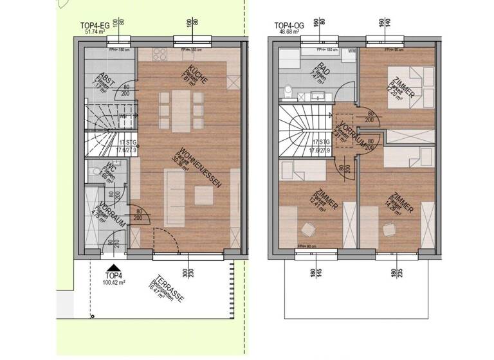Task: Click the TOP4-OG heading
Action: coord(288,26)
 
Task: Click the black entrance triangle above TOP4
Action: coord(114,270)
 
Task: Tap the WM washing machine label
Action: coord(352,51)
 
